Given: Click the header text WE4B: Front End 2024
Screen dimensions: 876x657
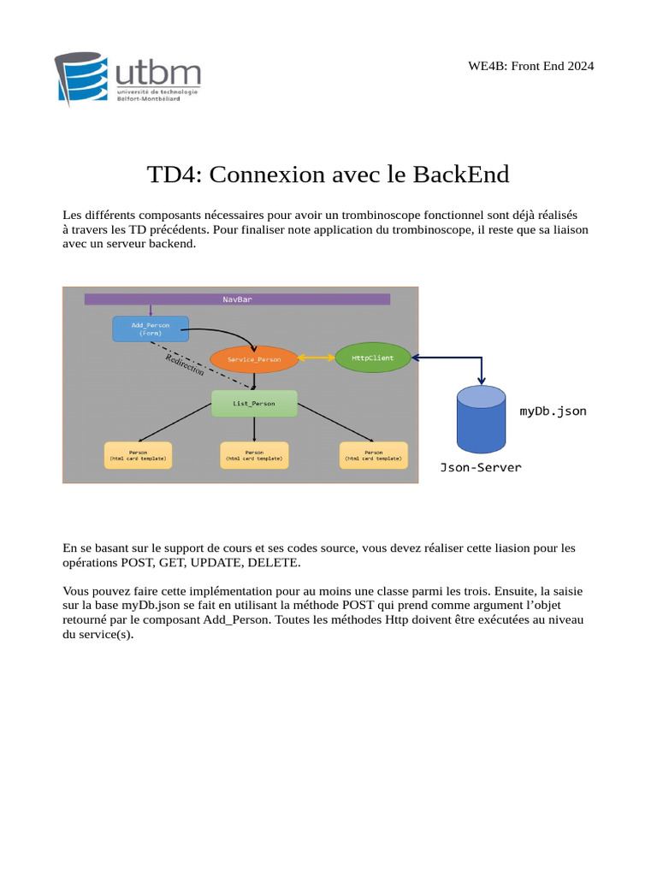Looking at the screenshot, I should tap(530, 66).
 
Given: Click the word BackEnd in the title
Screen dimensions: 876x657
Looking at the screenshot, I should tap(461, 175).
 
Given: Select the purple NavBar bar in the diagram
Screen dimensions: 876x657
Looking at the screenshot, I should tap(237, 299).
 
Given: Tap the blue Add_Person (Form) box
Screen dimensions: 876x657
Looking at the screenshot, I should tap(151, 328).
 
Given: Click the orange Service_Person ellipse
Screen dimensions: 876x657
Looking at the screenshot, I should tap(254, 359).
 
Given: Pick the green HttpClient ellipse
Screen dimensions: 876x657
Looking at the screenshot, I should tap(373, 358).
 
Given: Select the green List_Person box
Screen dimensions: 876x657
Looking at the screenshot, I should tap(254, 403).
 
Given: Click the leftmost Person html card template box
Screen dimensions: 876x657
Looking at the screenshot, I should tap(138, 455).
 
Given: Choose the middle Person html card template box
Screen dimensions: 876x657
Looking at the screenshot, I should tap(254, 455).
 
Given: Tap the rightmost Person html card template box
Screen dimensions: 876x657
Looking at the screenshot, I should tap(373, 455).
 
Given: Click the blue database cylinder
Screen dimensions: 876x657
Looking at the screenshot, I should tap(481, 419).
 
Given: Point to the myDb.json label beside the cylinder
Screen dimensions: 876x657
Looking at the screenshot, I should tap(553, 411).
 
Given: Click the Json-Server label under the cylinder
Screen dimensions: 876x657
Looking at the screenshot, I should tap(480, 468).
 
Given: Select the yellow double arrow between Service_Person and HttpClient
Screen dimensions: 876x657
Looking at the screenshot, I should tap(317, 358).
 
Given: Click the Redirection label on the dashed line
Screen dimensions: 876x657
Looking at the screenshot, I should tap(184, 365).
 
